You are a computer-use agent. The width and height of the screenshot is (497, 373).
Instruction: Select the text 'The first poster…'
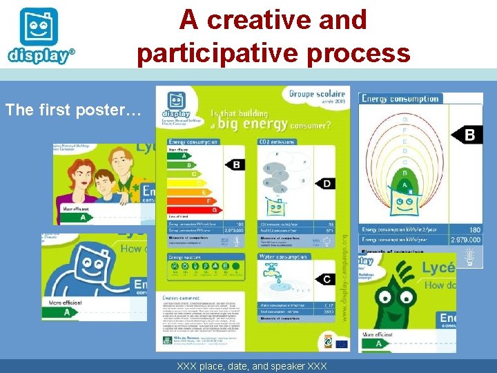pyautogui.click(x=73, y=110)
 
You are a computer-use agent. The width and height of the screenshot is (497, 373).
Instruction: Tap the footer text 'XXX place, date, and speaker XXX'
pyautogui.click(x=252, y=365)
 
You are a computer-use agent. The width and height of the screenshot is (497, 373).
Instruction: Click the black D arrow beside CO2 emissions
pyautogui.click(x=327, y=183)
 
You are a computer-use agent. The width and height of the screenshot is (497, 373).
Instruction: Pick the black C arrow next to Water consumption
pyautogui.click(x=326, y=278)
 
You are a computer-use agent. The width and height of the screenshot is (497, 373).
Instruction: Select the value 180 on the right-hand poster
pyautogui.click(x=475, y=229)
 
